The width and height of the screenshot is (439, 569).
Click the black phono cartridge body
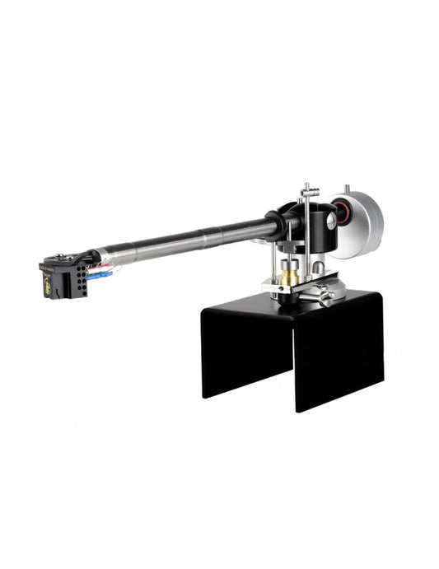click(60, 280)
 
